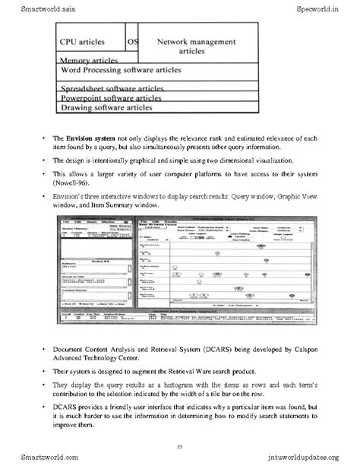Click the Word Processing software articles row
click(x=121, y=69)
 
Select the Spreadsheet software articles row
click(x=113, y=88)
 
